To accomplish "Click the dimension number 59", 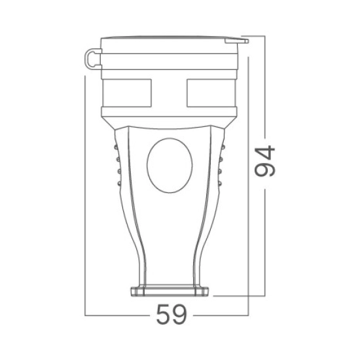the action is (x=171, y=314).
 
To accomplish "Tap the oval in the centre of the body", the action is (x=170, y=166).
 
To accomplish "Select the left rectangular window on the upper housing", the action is (x=127, y=93).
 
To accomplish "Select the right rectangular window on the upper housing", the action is (x=211, y=93).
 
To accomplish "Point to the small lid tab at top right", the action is (x=236, y=41).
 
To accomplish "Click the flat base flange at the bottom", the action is (x=170, y=291).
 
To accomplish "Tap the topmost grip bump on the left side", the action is (x=116, y=147).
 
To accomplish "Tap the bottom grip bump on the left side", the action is (x=119, y=183).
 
